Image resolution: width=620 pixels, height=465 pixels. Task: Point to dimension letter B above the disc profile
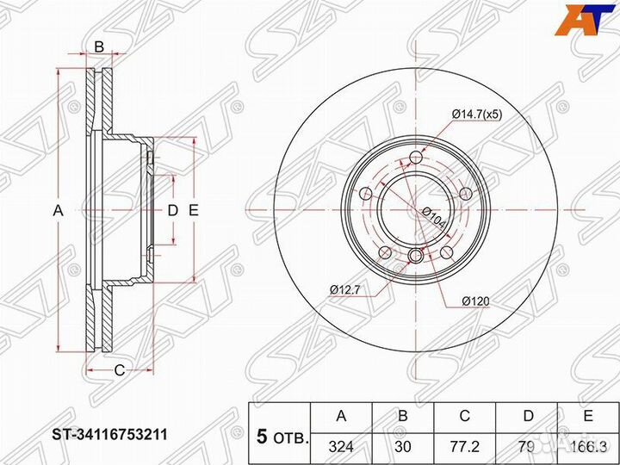tap(99, 47)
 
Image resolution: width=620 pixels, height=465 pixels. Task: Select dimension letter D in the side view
tap(172, 210)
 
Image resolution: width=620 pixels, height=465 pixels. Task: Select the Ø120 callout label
tap(474, 301)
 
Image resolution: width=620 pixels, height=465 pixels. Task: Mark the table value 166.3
tap(587, 447)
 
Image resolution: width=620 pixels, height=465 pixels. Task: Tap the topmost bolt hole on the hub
tap(417, 157)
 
